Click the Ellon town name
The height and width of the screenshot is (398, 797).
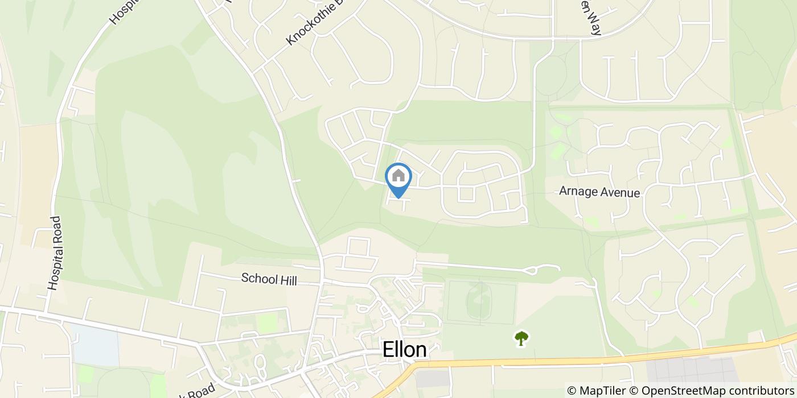tap(404, 350)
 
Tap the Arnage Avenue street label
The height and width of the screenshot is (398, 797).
tap(599, 192)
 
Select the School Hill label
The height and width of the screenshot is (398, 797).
tap(269, 279)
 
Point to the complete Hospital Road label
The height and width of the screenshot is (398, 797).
tap(55, 254)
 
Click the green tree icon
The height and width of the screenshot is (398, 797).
tap(521, 338)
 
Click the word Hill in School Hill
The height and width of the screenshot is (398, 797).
tap(288, 279)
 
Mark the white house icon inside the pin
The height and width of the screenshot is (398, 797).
tap(398, 176)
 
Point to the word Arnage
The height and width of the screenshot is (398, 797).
tap(578, 192)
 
